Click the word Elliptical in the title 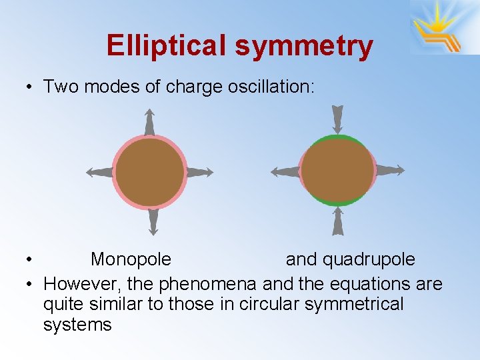click(166, 45)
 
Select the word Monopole click(131, 259)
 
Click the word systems click(77, 325)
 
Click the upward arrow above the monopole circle click(149, 122)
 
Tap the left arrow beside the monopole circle click(99, 172)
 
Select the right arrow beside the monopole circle click(199, 172)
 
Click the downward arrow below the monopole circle click(153, 222)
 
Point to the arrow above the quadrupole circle click(337, 119)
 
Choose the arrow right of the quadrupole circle click(390, 170)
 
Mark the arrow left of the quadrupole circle click(285, 171)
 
